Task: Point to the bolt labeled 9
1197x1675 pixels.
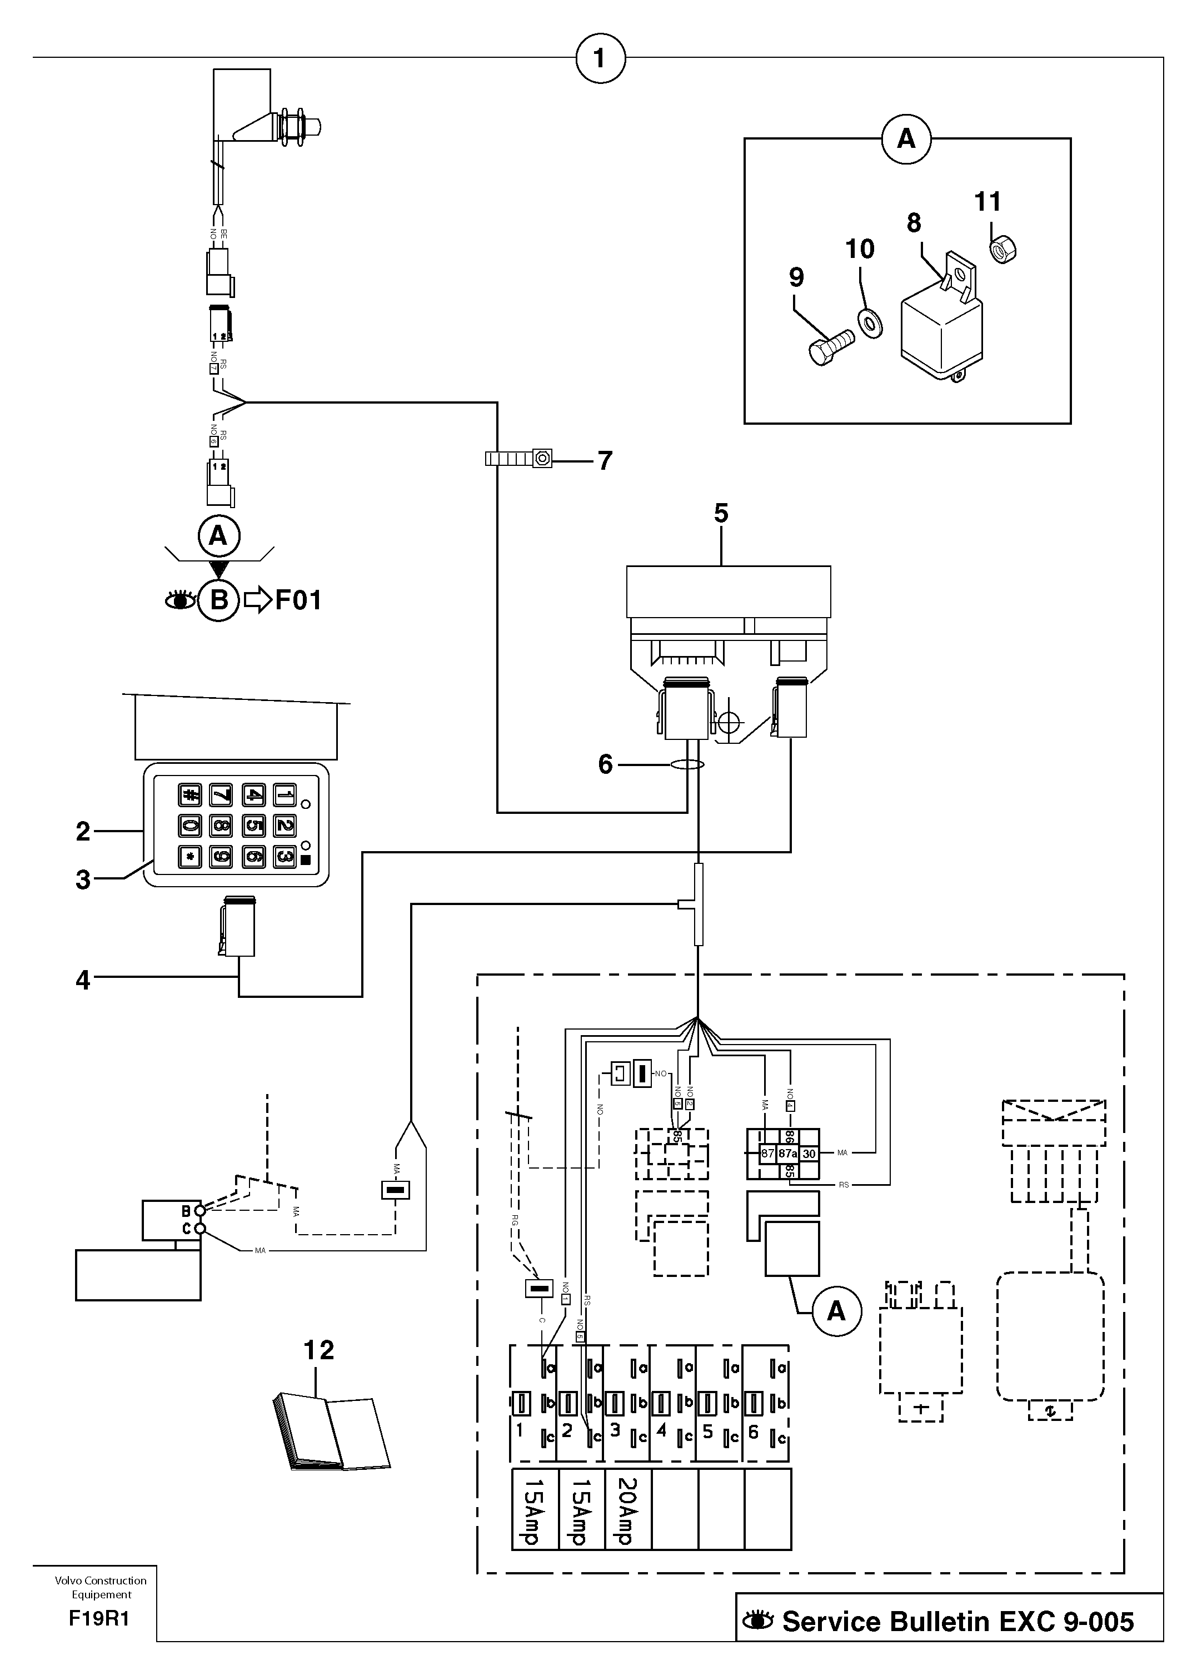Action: (x=831, y=346)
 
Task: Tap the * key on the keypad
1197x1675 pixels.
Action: (x=190, y=857)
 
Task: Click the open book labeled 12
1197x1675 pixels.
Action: (x=331, y=1432)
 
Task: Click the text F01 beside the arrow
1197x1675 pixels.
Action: (x=298, y=600)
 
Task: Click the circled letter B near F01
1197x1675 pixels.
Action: (x=219, y=600)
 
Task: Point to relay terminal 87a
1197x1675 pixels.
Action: (x=788, y=1154)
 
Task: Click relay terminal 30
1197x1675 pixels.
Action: (x=809, y=1154)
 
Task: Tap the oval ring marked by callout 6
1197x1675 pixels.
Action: (x=687, y=764)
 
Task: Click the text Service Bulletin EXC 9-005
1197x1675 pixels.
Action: (x=957, y=1621)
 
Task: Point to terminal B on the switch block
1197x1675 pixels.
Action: (x=187, y=1211)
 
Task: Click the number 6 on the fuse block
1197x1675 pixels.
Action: (x=754, y=1432)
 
